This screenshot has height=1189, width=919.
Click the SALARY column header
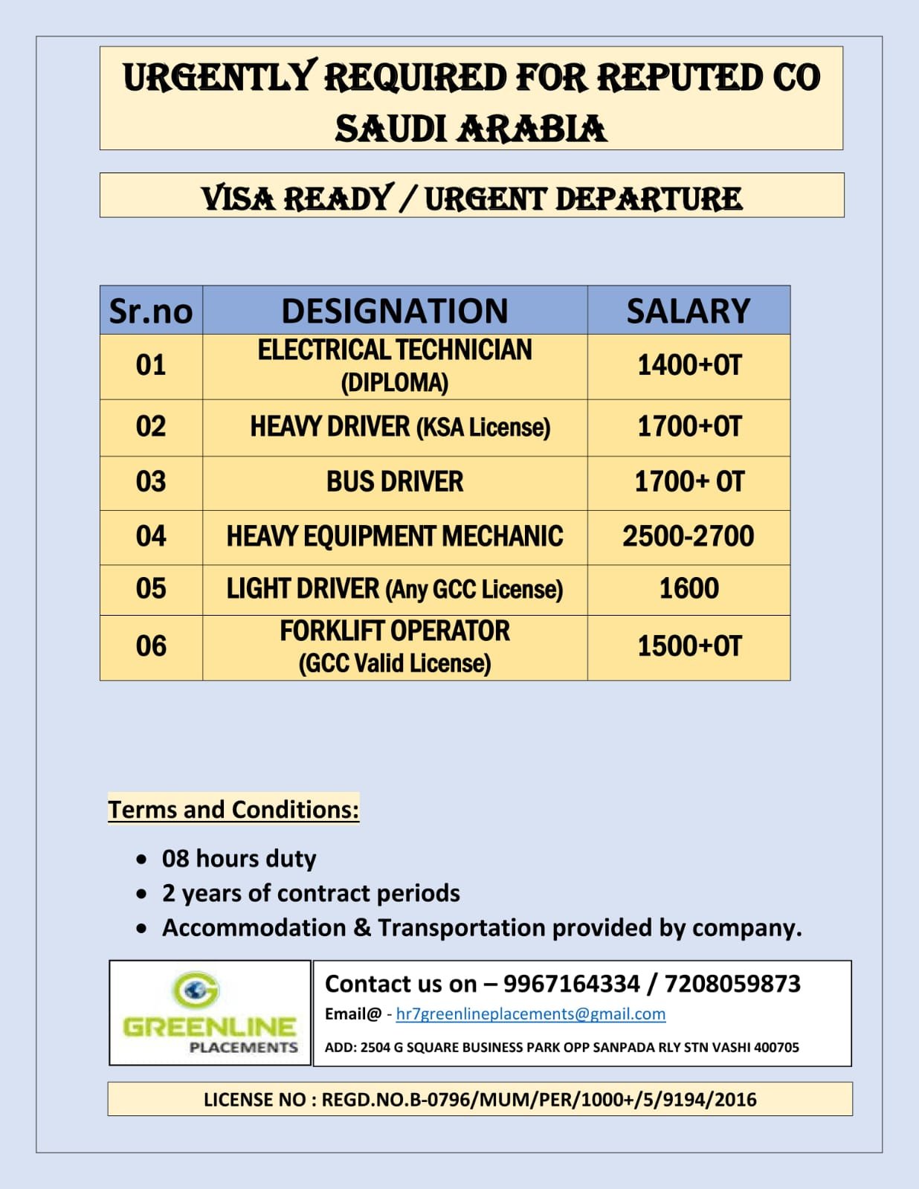click(x=689, y=311)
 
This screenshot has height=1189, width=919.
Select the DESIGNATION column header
click(x=395, y=311)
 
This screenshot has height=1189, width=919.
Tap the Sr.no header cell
click(x=151, y=311)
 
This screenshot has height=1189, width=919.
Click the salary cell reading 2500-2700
click(x=689, y=537)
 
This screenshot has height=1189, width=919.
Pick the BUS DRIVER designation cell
click(x=395, y=483)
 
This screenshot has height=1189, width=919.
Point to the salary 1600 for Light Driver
click(x=689, y=589)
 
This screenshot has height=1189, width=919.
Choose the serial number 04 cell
click(x=151, y=537)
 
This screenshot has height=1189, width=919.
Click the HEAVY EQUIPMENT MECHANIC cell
click(x=395, y=537)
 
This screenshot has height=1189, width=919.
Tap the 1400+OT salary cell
click(x=689, y=366)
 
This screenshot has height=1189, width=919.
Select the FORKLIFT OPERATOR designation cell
click(x=395, y=646)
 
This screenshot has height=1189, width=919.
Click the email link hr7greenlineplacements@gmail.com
click(x=530, y=1014)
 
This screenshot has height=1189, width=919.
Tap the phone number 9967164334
click(x=571, y=984)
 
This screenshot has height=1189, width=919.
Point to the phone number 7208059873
click(x=732, y=984)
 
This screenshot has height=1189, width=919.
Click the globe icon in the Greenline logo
click(x=196, y=990)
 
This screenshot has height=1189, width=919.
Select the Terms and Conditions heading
click(x=233, y=809)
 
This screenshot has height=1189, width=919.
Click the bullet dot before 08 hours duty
click(x=141, y=860)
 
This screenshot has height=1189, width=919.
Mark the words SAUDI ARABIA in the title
click(x=471, y=129)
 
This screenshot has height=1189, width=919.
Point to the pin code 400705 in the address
click(x=776, y=1048)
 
